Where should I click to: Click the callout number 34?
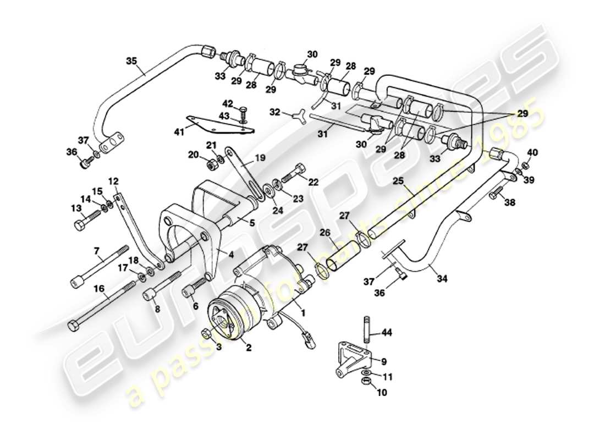(443, 279)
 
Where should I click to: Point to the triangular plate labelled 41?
(220, 124)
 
